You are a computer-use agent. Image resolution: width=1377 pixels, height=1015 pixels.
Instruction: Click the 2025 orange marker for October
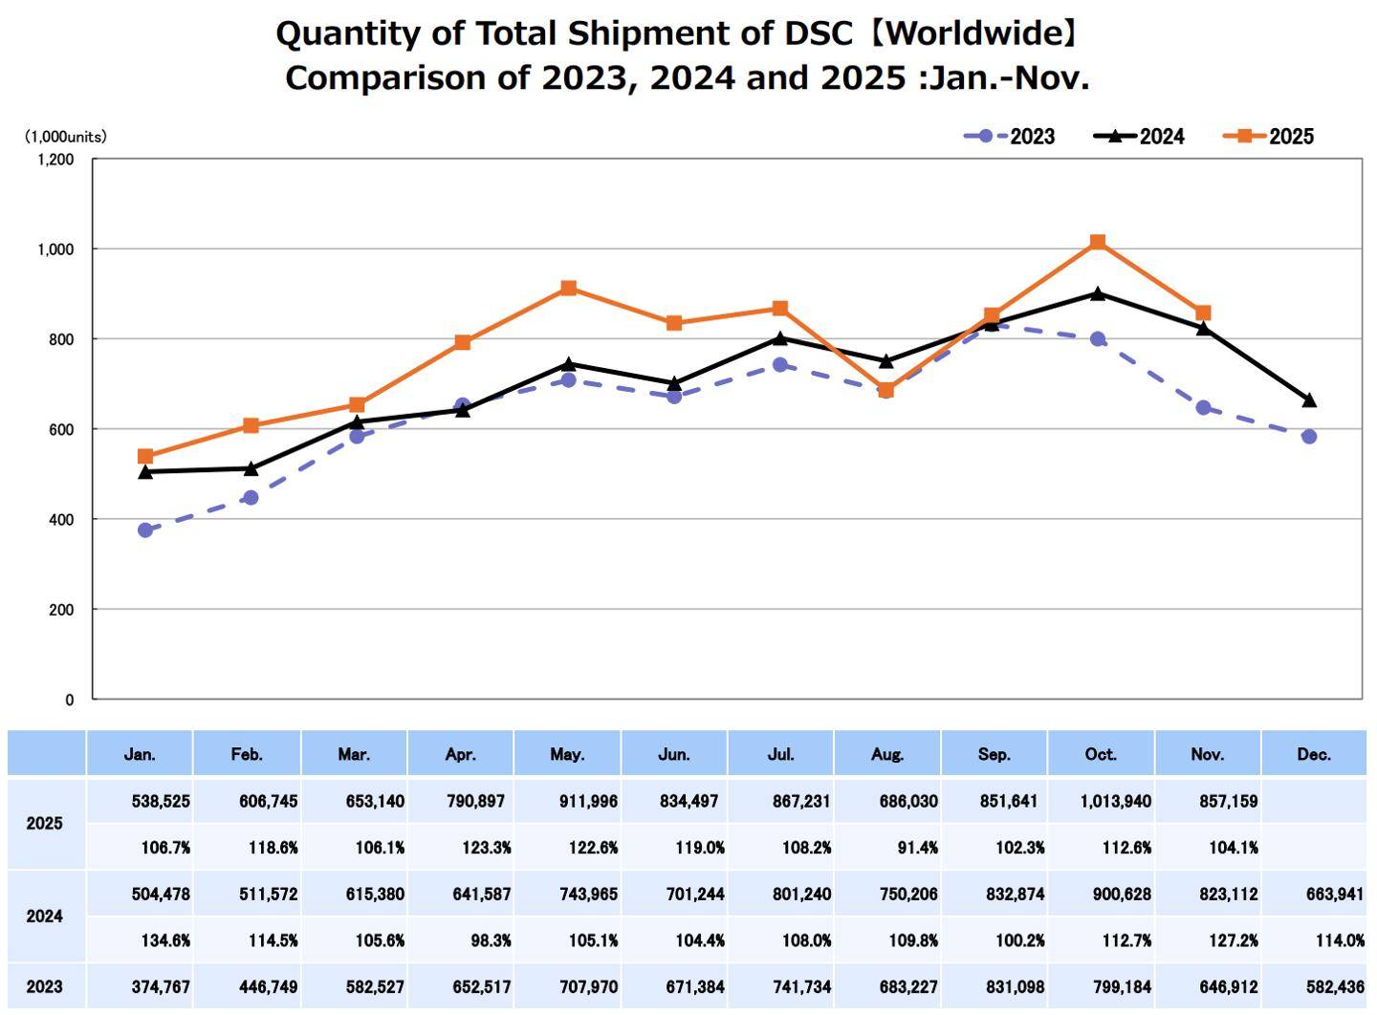pos(1098,242)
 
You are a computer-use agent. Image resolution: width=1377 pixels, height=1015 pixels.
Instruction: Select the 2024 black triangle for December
pos(1309,400)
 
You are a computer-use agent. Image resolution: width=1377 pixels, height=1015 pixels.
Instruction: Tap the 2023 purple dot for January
pos(145,529)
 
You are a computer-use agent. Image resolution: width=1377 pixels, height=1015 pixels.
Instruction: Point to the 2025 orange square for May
pos(569,288)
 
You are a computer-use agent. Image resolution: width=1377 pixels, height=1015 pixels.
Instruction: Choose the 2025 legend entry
pos(1269,137)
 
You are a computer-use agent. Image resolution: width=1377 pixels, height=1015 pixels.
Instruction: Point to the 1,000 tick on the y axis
pos(55,249)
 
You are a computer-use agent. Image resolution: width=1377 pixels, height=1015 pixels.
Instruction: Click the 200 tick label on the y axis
pos(61,610)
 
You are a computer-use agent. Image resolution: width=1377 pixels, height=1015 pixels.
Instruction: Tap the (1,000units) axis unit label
pos(65,137)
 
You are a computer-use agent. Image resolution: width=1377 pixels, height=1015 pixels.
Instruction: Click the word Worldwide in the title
pos(974,33)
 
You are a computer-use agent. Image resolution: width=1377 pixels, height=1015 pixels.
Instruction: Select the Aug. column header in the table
pos(887,754)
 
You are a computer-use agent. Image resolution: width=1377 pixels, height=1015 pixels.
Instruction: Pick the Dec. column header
pos(1314,754)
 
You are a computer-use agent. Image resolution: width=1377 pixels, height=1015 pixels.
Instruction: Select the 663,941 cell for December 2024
pos(1335,894)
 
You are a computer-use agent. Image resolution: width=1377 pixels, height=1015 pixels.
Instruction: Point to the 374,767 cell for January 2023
pos(161,986)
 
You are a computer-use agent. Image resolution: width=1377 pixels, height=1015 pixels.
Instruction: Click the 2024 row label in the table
pos(44,916)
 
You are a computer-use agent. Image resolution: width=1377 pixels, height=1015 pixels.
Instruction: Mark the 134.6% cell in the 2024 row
pos(165,940)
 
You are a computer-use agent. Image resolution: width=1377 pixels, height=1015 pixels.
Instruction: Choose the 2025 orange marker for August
pos(886,390)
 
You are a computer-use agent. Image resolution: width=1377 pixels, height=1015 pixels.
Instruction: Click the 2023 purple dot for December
pos(1309,437)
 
